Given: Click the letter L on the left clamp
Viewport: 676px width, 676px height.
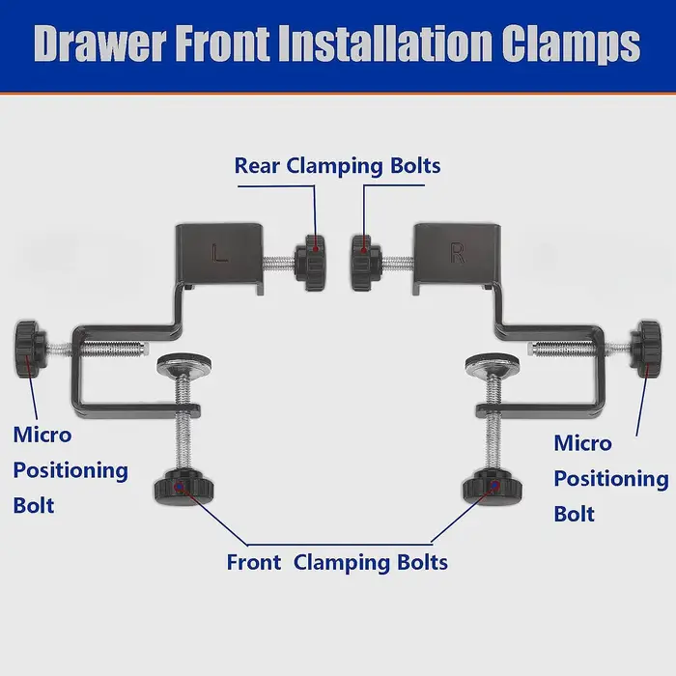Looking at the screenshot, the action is pyautogui.click(x=219, y=253).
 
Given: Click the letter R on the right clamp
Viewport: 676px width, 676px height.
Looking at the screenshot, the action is pyautogui.click(x=458, y=253).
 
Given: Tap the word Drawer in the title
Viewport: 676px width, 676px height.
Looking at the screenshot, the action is pyautogui.click(x=100, y=43).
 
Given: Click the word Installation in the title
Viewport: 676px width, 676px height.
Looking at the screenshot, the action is pyautogui.click(x=385, y=43).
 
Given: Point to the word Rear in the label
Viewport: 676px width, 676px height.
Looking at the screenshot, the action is pyautogui.click(x=257, y=165).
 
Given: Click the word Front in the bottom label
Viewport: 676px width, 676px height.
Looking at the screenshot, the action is pyautogui.click(x=254, y=562).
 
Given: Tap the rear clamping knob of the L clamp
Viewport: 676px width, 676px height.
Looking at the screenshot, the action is pyautogui.click(x=310, y=263).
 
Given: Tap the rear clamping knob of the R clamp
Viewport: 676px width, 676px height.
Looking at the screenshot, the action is pyautogui.click(x=366, y=263).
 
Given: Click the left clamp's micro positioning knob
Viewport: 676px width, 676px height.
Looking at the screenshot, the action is pyautogui.click(x=31, y=349).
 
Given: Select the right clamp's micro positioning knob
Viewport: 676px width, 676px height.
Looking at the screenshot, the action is pyautogui.click(x=645, y=350).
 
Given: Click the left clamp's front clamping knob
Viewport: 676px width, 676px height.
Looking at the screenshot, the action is pyautogui.click(x=183, y=487).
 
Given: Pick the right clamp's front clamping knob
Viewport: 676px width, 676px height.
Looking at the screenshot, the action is pyautogui.click(x=492, y=487).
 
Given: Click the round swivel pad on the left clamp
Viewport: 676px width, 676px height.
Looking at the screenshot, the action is pyautogui.click(x=184, y=363).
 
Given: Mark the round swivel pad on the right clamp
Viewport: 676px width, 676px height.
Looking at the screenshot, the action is pyautogui.click(x=492, y=363).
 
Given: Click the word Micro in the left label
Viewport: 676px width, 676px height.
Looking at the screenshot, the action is pyautogui.click(x=42, y=435).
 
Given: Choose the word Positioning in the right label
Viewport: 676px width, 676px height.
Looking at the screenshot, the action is pyautogui.click(x=611, y=479).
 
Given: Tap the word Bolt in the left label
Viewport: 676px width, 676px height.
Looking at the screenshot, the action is pyautogui.click(x=34, y=505).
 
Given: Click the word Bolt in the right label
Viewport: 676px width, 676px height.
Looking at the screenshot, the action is pyautogui.click(x=575, y=514).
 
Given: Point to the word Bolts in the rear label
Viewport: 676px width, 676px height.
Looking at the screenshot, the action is pyautogui.click(x=415, y=165).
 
